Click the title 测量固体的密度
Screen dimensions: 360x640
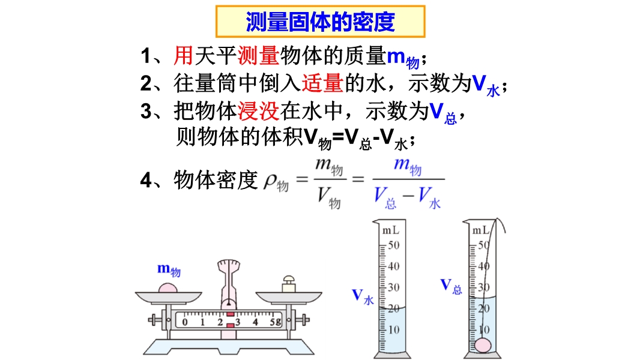(x=320, y=22)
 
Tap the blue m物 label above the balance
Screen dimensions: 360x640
(x=169, y=269)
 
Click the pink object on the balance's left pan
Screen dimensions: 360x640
(x=168, y=287)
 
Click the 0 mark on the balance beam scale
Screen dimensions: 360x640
(x=185, y=322)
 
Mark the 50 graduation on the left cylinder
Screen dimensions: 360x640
(x=394, y=245)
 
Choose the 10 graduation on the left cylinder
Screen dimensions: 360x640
(x=394, y=329)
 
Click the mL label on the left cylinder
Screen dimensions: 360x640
(x=391, y=230)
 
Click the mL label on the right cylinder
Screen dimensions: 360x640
(x=481, y=230)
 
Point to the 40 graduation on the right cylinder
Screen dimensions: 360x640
(x=483, y=266)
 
